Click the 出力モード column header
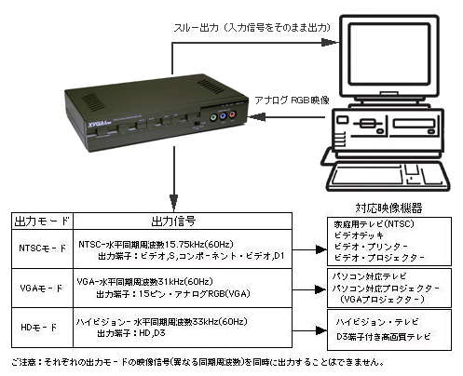[38, 222]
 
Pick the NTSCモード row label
[38, 249]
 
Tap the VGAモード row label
[38, 289]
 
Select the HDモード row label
[38, 327]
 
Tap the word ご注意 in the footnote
[22, 362]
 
